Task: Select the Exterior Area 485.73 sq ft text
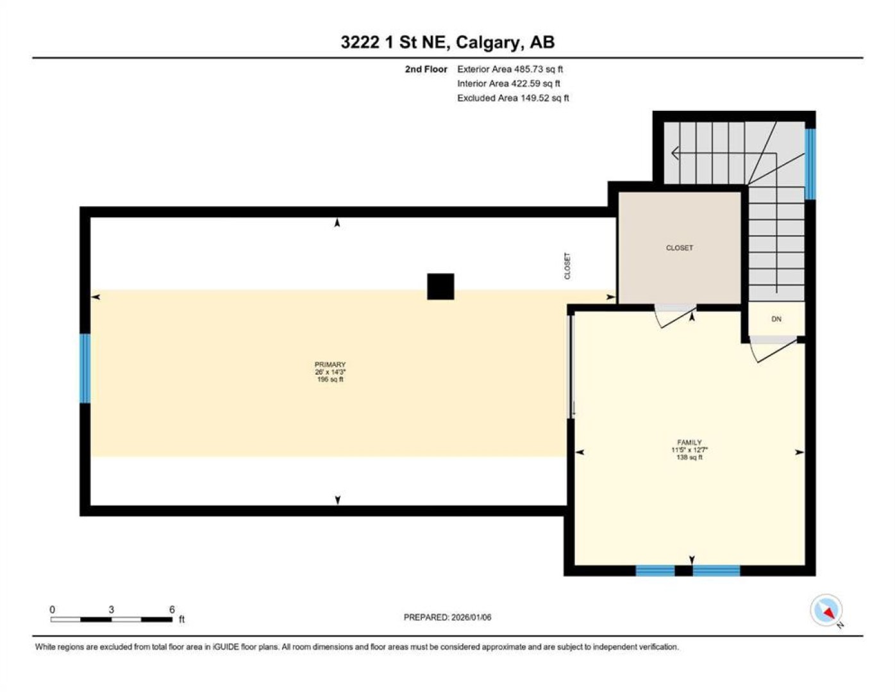[510, 69]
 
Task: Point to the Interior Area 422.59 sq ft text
[508, 83]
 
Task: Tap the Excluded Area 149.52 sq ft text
[513, 98]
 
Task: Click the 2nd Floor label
[426, 69]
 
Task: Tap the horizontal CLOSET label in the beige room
[679, 248]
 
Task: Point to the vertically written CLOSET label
[567, 266]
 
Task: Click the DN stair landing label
[776, 319]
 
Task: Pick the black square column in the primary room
[440, 286]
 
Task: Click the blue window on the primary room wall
[85, 368]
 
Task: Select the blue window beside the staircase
[810, 164]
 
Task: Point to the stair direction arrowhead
[675, 153]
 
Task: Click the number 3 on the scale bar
[111, 609]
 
